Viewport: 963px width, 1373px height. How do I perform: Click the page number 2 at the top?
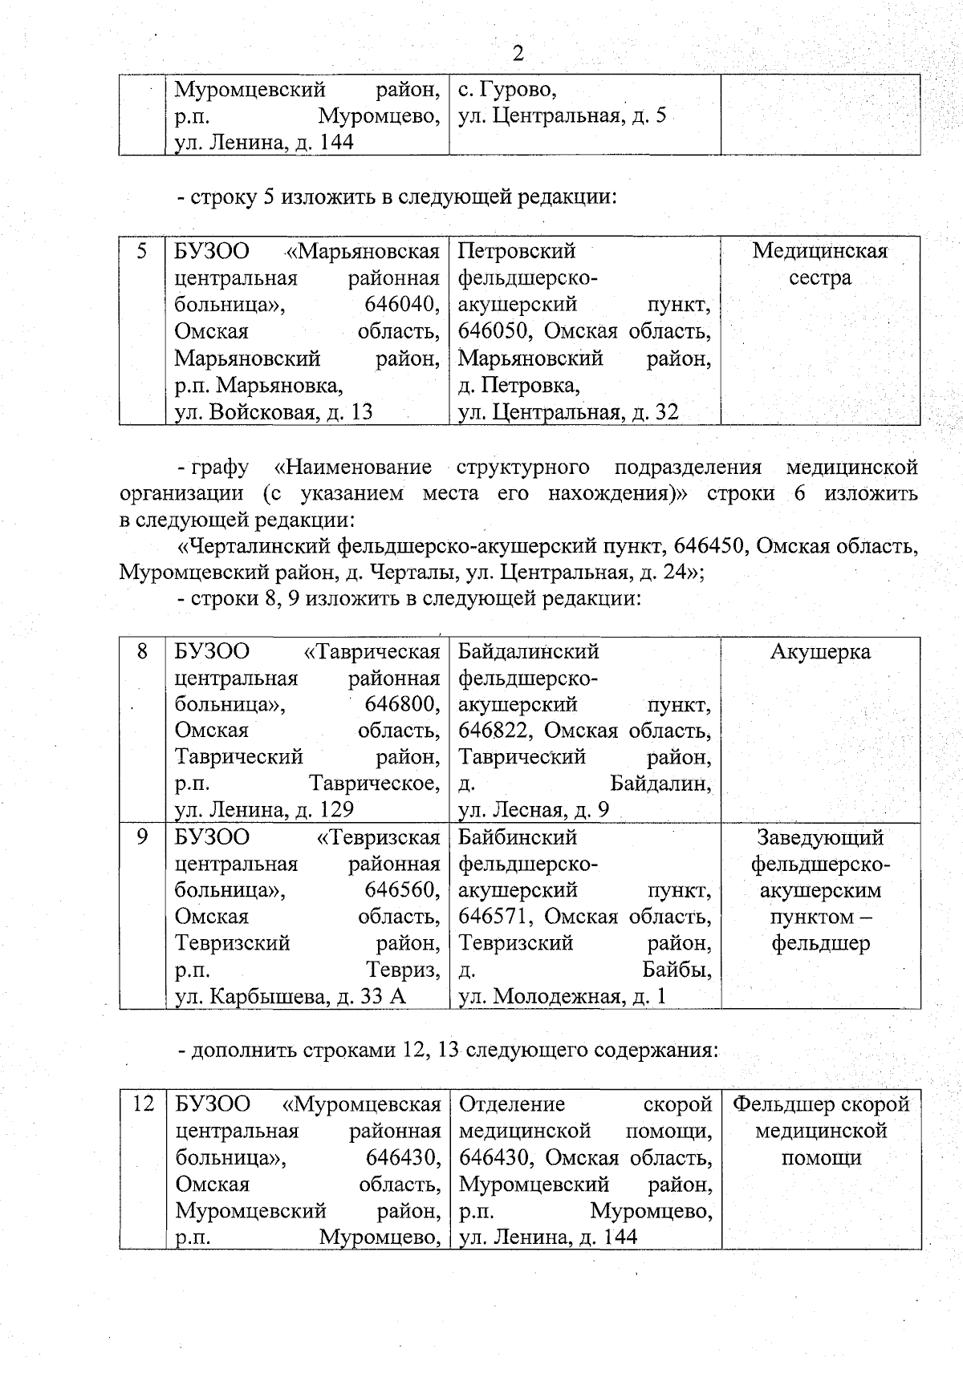(518, 54)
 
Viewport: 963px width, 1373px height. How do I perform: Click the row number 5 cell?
(142, 251)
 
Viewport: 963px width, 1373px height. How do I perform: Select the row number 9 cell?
(142, 836)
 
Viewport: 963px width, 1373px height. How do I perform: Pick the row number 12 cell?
(142, 1104)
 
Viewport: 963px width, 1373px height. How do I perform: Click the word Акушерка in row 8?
(820, 651)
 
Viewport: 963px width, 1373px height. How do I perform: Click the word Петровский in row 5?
(517, 251)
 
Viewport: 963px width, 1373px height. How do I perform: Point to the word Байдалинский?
(529, 651)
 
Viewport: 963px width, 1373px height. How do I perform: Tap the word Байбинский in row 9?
(518, 837)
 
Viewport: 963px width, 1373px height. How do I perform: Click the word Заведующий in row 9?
(820, 837)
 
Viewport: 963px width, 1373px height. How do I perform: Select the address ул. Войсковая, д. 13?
(274, 412)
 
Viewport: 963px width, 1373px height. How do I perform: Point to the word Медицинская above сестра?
(820, 251)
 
